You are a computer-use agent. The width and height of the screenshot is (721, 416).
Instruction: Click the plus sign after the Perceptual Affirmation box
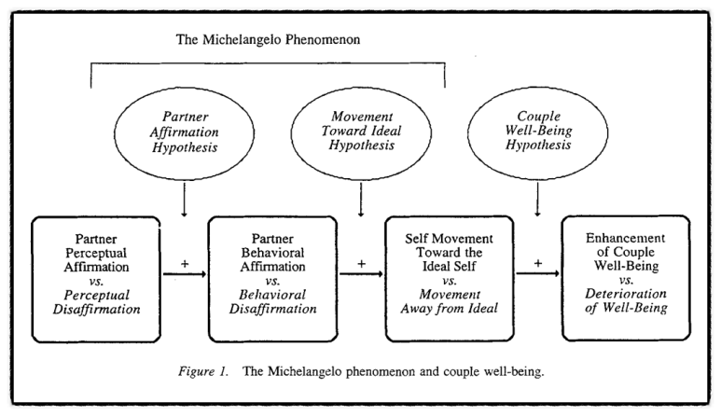(183, 263)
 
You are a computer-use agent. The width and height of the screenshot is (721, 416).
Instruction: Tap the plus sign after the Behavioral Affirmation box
(359, 263)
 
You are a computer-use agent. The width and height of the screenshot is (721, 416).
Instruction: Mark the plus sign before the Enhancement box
(536, 263)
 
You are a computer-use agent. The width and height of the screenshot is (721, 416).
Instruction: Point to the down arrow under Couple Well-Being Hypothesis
(536, 200)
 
